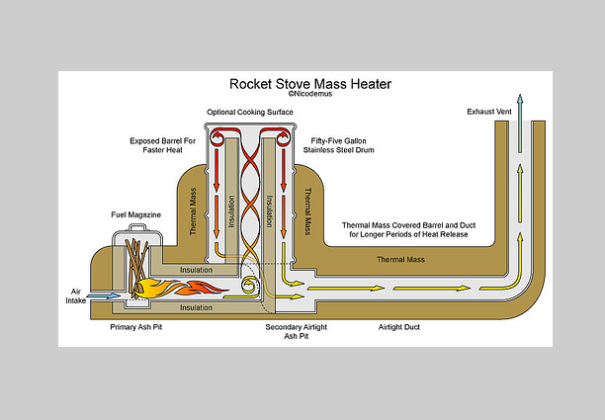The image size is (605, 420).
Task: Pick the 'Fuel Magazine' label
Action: coord(133,213)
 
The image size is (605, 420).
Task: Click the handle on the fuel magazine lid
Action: coord(137,229)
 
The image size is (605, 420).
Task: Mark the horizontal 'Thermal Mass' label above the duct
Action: coord(401,260)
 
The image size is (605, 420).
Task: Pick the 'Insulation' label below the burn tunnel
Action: coord(195,307)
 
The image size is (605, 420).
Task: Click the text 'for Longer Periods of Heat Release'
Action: coord(403,235)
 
